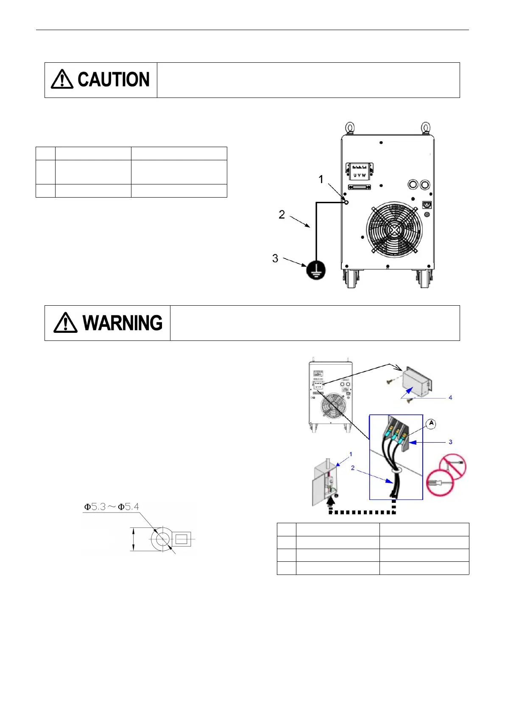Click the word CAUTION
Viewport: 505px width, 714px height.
[x=113, y=80]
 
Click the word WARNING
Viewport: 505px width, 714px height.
[x=123, y=323]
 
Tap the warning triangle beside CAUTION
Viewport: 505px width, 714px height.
[x=62, y=79]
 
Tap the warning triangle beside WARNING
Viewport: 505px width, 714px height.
[x=65, y=323]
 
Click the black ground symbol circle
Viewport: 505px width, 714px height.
[x=316, y=270]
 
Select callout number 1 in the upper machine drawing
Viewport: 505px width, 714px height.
[x=321, y=180]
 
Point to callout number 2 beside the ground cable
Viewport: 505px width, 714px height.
[x=282, y=215]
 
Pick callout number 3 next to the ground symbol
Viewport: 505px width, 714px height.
[x=275, y=259]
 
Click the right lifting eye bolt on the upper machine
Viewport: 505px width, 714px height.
[x=425, y=127]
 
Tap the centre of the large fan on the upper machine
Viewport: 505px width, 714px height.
[x=394, y=229]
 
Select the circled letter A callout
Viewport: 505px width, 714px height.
[x=431, y=423]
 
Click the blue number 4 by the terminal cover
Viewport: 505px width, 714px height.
[x=450, y=398]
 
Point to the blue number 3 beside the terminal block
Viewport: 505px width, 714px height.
[x=450, y=442]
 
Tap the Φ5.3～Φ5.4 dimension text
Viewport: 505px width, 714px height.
[x=112, y=507]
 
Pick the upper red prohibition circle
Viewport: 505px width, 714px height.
[x=453, y=467]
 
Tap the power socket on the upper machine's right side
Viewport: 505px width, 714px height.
[x=427, y=205]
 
